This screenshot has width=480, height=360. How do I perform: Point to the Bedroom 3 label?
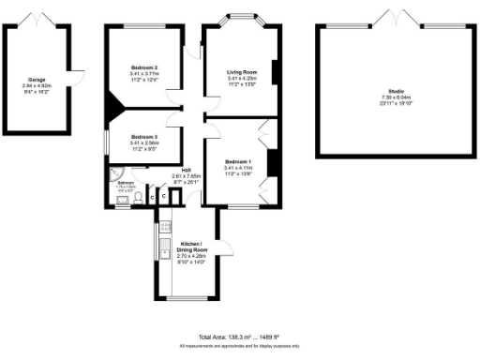[143, 136]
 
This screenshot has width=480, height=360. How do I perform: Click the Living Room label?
[242, 72]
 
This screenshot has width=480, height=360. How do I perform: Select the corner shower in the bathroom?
[113, 174]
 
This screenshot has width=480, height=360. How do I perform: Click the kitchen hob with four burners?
[164, 225]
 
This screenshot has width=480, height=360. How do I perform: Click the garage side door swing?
[79, 72]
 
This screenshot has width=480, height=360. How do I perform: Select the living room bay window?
[242, 17]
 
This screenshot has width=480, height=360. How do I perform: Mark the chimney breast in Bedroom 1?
[272, 161]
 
